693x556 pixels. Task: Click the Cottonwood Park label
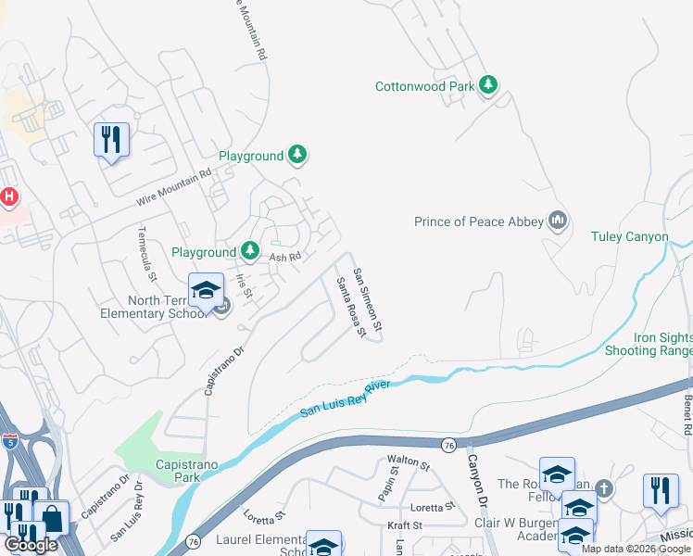[424, 87]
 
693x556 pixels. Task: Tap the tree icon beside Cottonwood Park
[488, 86]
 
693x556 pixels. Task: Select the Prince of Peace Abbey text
[479, 221]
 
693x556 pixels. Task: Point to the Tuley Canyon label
[630, 237]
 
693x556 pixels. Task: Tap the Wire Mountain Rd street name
[174, 187]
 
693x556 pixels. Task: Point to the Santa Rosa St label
[350, 307]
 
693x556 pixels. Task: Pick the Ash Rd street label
[285, 257]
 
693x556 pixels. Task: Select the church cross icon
[603, 487]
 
